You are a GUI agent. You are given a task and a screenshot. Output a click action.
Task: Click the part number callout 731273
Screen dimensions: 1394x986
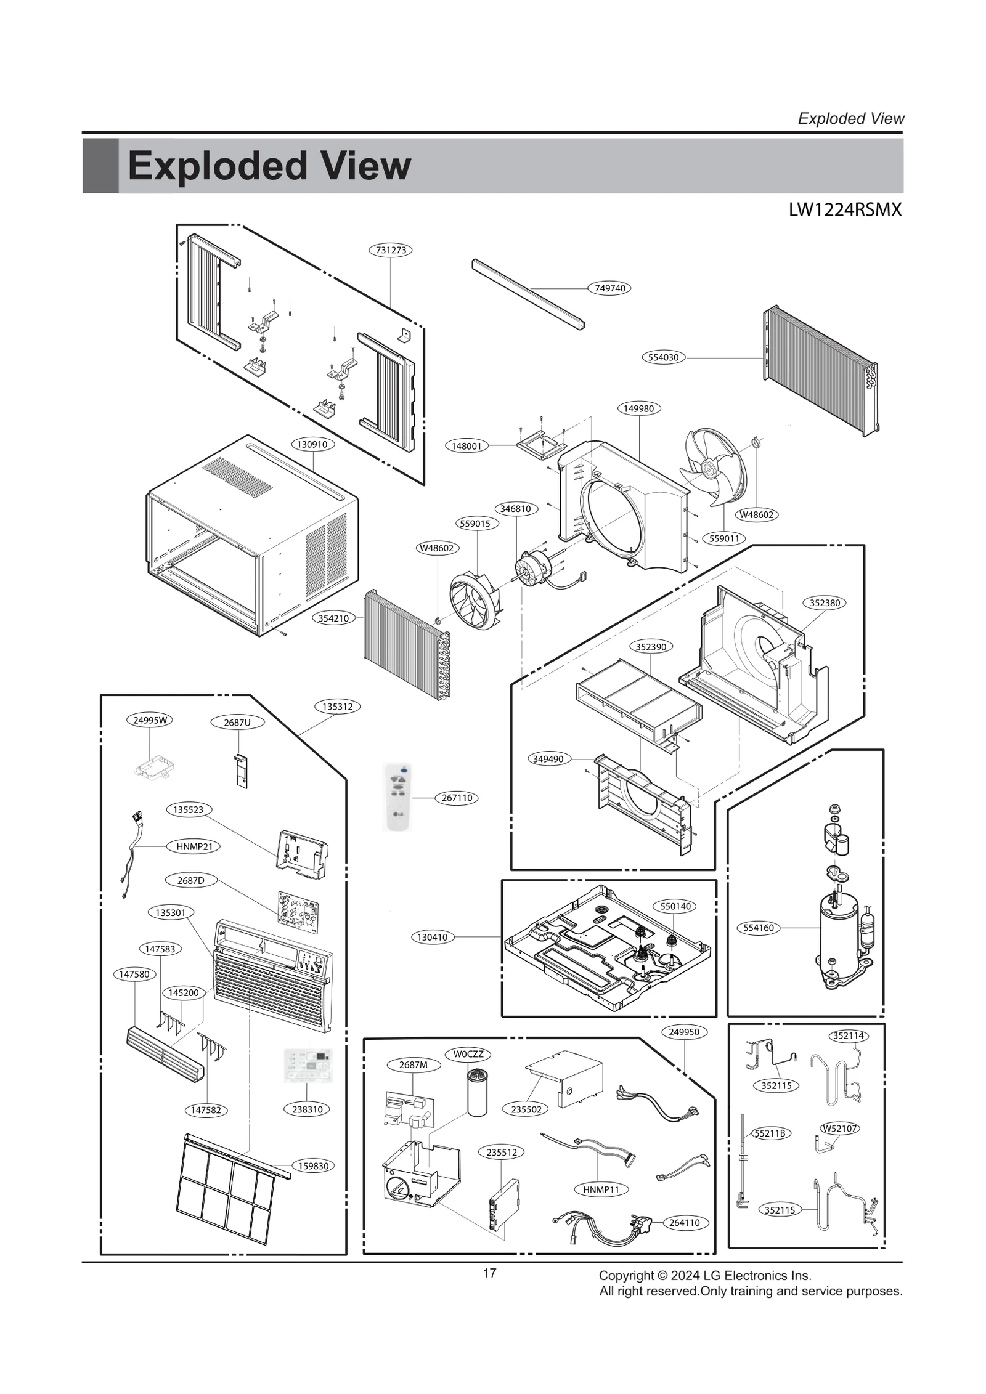pyautogui.click(x=391, y=250)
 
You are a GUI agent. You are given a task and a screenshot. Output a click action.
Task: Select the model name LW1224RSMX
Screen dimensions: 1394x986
pyautogui.click(x=844, y=210)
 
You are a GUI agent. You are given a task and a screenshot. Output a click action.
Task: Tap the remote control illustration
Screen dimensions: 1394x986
pyautogui.click(x=397, y=797)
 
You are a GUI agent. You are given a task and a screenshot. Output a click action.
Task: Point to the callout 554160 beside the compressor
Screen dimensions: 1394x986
pyautogui.click(x=758, y=928)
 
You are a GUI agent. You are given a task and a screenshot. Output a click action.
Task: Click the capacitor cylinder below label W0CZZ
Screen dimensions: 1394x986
pyautogui.click(x=477, y=1093)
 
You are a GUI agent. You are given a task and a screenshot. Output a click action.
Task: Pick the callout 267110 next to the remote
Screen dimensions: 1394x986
pyautogui.click(x=457, y=798)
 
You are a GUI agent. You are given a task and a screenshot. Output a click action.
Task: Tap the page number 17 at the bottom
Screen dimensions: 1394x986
pyautogui.click(x=489, y=1273)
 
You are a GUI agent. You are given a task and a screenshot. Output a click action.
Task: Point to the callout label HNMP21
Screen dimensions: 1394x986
pyautogui.click(x=194, y=846)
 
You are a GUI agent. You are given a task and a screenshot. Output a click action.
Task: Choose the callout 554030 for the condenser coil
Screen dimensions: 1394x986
pyautogui.click(x=663, y=357)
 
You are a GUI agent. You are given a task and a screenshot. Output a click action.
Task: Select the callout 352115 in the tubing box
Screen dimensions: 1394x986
pyautogui.click(x=776, y=1085)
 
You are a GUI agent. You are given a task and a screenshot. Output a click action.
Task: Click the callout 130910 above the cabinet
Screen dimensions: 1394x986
pyautogui.click(x=312, y=444)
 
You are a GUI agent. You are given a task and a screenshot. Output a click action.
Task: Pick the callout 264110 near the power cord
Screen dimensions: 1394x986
pyautogui.click(x=684, y=1223)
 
